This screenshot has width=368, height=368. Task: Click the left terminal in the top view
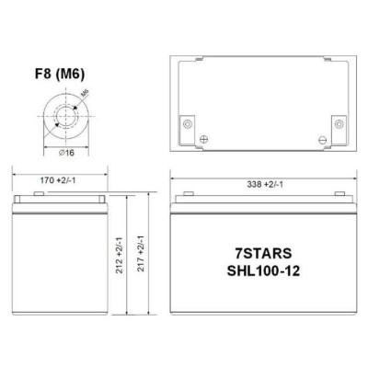click(188, 124)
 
